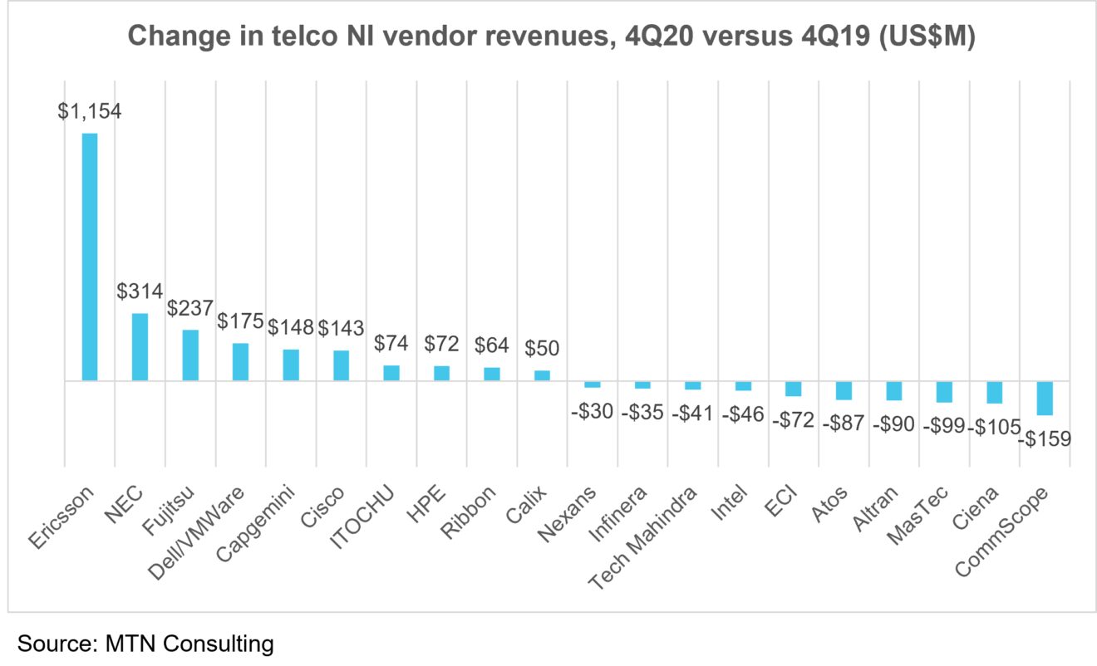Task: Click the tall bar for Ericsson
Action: point(89,257)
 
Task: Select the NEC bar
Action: point(140,347)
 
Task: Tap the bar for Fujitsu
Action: point(190,355)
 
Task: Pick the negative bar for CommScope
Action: point(1045,398)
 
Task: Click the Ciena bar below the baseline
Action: point(994,392)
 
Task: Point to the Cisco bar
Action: point(341,365)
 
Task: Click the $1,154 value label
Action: point(89,111)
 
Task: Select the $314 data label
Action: point(140,291)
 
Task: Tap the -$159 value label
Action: point(1045,438)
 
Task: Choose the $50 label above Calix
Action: point(542,349)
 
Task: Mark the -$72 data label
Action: point(792,420)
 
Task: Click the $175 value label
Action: point(240,321)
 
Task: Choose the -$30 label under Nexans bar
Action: point(592,412)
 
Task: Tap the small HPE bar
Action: point(441,373)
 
